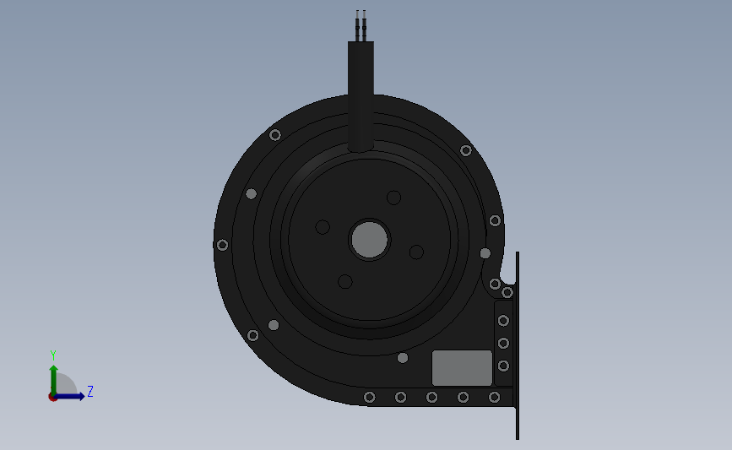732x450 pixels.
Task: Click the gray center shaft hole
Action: pos(370,240)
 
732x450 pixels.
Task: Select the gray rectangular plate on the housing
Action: pos(462,368)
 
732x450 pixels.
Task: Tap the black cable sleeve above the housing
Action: pos(361,93)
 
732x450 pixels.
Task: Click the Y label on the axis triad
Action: pos(52,355)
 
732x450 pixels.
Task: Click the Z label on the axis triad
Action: pos(89,392)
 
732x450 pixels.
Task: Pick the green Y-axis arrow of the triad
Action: pos(53,377)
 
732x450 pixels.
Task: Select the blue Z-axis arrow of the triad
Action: pos(72,396)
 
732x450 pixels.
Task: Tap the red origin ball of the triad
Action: pos(53,396)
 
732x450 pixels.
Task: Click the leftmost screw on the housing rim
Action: pos(222,245)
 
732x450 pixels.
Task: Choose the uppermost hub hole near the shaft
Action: pos(393,198)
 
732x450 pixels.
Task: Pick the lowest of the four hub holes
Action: pos(344,281)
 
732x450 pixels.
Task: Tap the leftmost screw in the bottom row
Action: pos(369,397)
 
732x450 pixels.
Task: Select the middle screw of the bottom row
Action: pos(431,397)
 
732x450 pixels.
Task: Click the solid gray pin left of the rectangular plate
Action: pos(403,358)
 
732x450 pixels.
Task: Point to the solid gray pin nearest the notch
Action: pos(485,253)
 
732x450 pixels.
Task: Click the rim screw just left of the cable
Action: pos(274,135)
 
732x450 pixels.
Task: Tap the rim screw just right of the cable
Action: pos(465,150)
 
